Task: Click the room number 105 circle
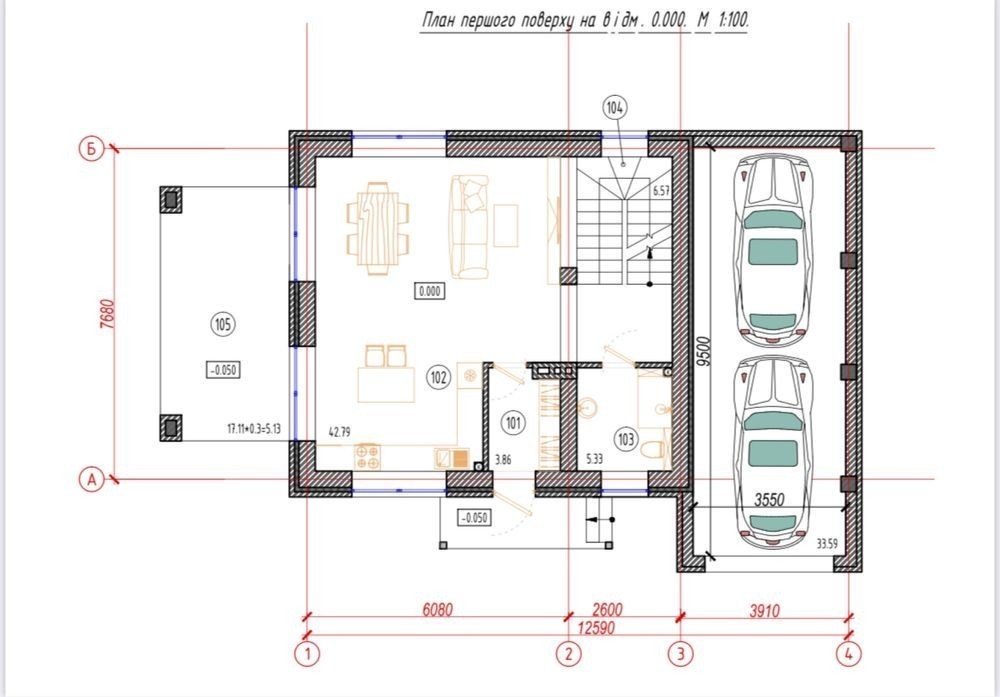(222, 325)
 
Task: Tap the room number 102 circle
(438, 378)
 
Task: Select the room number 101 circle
(513, 423)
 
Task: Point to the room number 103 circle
(626, 439)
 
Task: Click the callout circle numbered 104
(614, 108)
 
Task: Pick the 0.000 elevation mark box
(430, 291)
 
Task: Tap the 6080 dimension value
(438, 610)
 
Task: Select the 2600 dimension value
(607, 610)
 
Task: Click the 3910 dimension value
(764, 611)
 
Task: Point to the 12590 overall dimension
(596, 627)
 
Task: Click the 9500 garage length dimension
(703, 351)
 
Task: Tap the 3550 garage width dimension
(769, 499)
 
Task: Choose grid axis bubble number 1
(307, 654)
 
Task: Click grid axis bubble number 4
(849, 654)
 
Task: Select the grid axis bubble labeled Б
(92, 149)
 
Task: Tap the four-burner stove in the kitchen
(367, 457)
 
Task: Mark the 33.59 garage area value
(827, 544)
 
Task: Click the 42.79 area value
(339, 432)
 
